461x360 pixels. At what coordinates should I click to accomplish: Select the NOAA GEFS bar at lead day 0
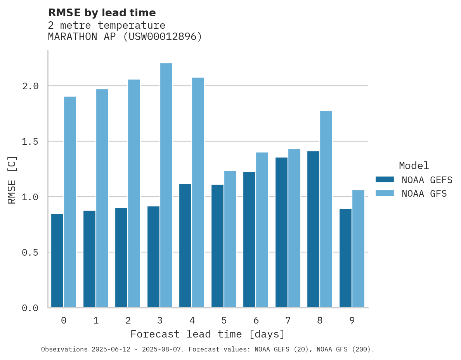click(x=57, y=260)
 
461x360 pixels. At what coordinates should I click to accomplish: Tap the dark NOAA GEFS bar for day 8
click(x=313, y=229)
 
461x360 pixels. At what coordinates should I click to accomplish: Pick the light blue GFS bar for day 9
click(x=358, y=249)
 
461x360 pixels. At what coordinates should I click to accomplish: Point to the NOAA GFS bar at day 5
click(x=230, y=239)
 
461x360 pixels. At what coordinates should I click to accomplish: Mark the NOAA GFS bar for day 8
click(x=326, y=209)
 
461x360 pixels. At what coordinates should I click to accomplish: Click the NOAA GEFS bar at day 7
click(x=281, y=232)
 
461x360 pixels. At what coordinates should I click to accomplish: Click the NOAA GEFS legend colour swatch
click(x=385, y=180)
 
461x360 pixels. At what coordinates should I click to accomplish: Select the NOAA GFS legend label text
click(x=424, y=194)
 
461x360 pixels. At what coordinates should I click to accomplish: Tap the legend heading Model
click(x=414, y=166)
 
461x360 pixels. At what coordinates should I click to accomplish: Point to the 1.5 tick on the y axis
click(x=30, y=142)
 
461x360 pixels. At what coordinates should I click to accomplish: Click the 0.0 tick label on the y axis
click(x=30, y=308)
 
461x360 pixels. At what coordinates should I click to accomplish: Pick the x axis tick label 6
click(x=256, y=320)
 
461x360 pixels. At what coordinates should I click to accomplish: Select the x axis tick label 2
click(x=128, y=320)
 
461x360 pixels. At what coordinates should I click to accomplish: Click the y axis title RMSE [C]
click(x=12, y=180)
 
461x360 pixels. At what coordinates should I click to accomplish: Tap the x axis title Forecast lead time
click(x=208, y=334)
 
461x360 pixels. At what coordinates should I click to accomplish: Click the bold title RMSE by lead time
click(x=102, y=13)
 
